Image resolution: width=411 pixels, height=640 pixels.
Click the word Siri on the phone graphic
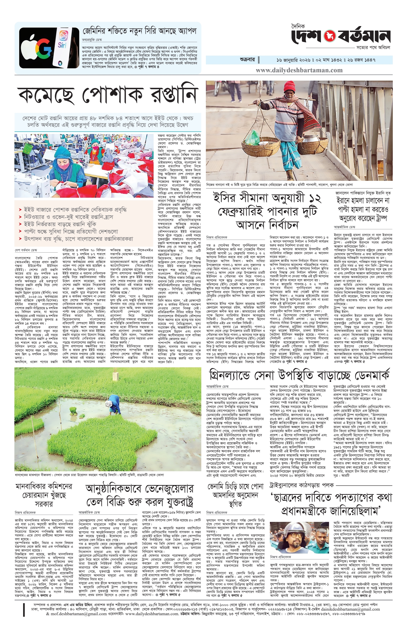tap(62, 45)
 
